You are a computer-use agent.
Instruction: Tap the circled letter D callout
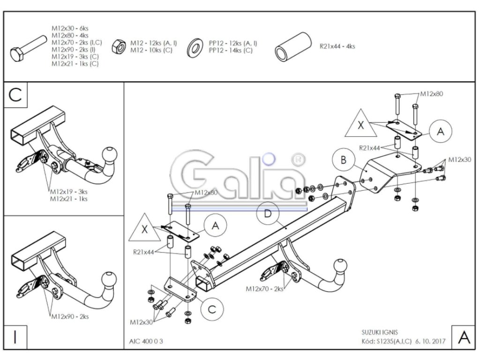pos(267,214)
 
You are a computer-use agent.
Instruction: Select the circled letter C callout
pos(212,308)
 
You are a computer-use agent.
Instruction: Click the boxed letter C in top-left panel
pos(15,94)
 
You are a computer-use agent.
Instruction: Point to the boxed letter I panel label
pos(15,337)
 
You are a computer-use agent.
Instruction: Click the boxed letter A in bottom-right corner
pos(464,337)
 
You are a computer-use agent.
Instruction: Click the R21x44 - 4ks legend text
pos(337,46)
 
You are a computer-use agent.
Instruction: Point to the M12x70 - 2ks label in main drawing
pos(264,289)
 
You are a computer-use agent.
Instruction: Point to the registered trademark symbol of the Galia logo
pos(296,159)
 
